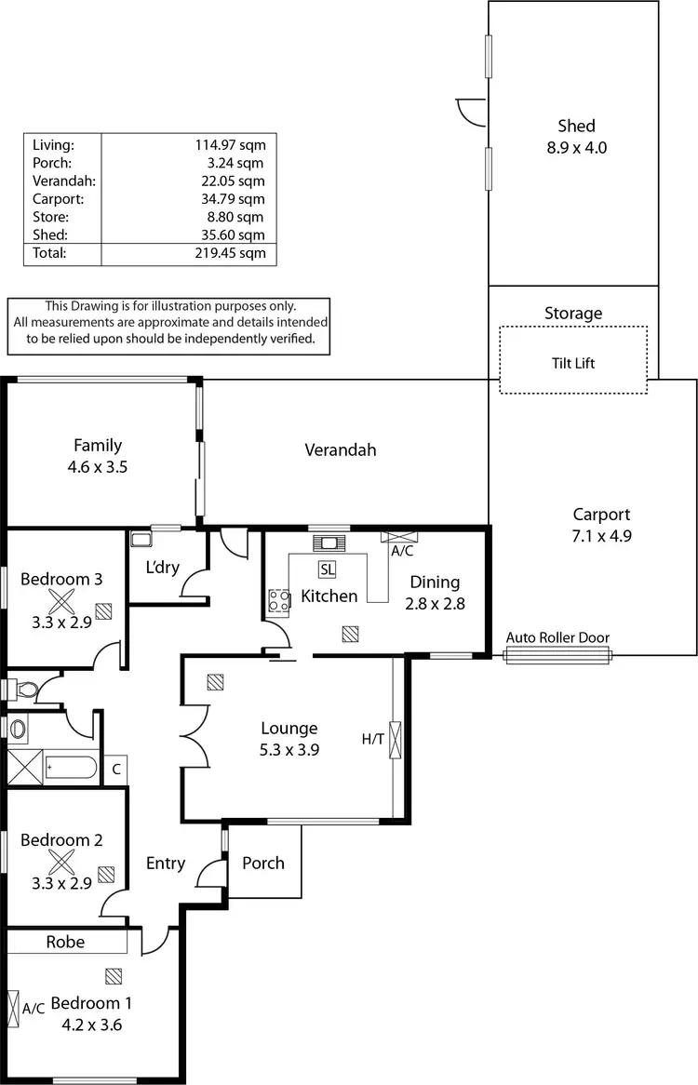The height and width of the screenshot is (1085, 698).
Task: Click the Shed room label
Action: tap(576, 126)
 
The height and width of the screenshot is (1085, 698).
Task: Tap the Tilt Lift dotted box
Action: tap(573, 361)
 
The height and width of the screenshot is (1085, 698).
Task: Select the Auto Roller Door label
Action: tap(557, 637)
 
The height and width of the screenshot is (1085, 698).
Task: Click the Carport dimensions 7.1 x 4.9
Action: tap(601, 535)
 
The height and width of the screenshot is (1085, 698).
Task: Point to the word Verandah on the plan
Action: tap(341, 449)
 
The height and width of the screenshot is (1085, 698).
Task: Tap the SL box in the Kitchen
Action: tap(328, 569)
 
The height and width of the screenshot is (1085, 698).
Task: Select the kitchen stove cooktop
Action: tap(278, 601)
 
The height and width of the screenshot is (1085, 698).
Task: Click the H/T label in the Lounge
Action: tap(372, 739)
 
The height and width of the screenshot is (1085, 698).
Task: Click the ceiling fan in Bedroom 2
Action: tap(61, 863)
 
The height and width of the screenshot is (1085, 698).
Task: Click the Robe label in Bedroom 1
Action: tap(65, 942)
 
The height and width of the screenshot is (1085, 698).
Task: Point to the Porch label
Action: tap(263, 863)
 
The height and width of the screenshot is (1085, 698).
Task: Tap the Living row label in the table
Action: tap(53, 144)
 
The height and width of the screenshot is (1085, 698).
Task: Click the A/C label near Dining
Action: tap(402, 551)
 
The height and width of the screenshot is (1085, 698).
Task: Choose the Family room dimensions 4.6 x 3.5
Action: tap(99, 467)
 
